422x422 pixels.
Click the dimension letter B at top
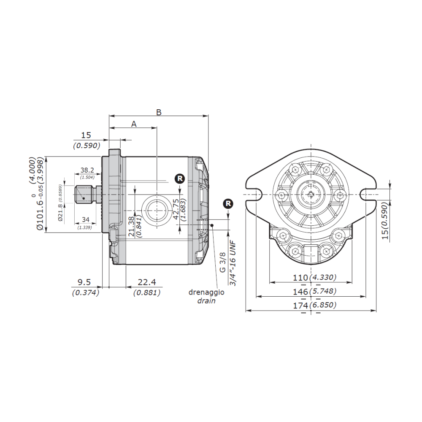[x=159, y=112]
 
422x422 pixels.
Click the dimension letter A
[x=134, y=124]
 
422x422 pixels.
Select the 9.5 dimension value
[x=86, y=282]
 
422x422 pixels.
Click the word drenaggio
[x=207, y=292]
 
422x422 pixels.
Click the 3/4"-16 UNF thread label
[x=232, y=262]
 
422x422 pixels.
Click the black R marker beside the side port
[x=180, y=179]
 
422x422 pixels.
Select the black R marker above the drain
[x=228, y=204]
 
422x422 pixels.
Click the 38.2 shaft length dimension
[x=87, y=170]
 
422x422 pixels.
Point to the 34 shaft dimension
[x=86, y=220]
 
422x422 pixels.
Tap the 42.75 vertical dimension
[x=176, y=210]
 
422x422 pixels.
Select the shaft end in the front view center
[x=311, y=194]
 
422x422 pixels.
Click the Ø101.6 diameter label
[x=41, y=207]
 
